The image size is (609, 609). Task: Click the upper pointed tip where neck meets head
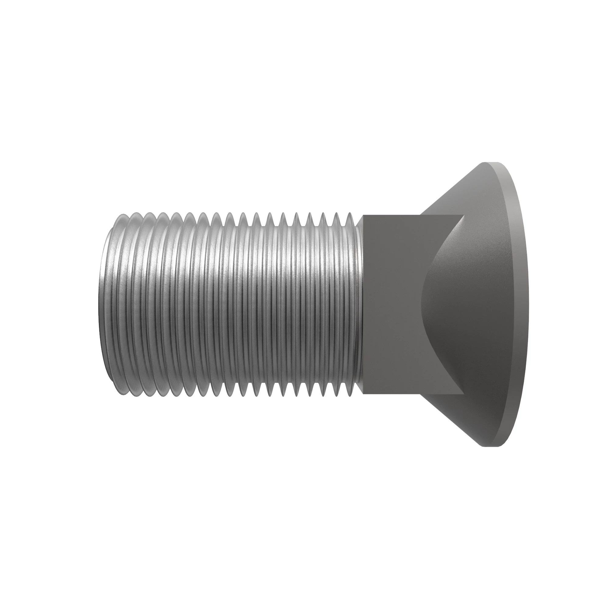(x=464, y=215)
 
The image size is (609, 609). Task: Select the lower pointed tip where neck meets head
(x=464, y=394)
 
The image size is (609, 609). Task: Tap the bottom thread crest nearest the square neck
(x=350, y=396)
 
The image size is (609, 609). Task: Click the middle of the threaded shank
(x=233, y=304)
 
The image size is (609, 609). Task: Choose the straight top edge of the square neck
(x=413, y=215)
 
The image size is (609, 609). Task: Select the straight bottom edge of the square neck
(x=413, y=394)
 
